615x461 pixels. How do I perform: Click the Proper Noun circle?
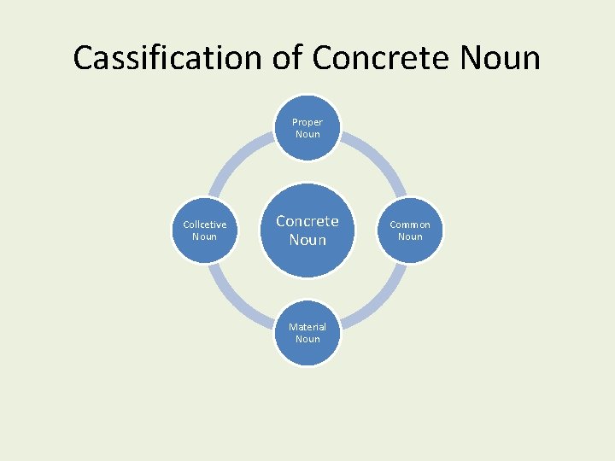point(307,128)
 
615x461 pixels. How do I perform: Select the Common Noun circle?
point(410,230)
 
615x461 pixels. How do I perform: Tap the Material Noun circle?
point(307,333)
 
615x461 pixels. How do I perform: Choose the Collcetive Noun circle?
point(205,230)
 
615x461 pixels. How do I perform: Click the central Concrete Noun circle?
point(307,230)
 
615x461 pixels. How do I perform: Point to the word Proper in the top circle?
point(307,122)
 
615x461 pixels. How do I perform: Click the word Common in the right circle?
point(410,225)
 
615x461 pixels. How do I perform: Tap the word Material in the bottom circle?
point(307,327)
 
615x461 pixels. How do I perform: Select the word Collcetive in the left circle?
point(205,225)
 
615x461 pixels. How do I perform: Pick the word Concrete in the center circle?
point(307,221)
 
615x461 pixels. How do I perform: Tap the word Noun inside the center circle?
point(307,241)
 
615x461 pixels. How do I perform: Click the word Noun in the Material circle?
point(307,339)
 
